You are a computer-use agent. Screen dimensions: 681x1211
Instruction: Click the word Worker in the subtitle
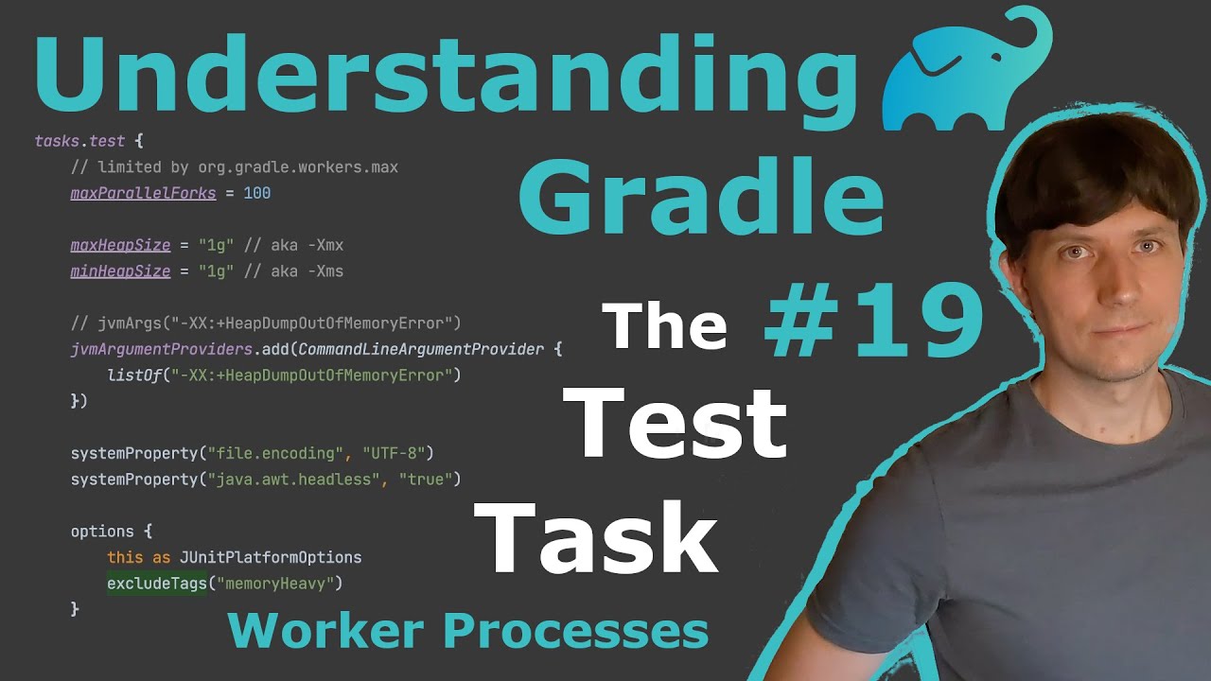326,631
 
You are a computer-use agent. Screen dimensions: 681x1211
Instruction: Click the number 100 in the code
256,193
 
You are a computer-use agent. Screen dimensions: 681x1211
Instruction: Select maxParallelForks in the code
143,193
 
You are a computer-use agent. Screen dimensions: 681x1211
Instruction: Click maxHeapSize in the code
120,245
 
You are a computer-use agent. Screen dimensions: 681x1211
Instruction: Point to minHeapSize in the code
120,271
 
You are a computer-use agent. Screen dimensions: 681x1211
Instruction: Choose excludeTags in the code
156,584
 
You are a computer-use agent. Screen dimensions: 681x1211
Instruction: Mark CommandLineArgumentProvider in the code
421,349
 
